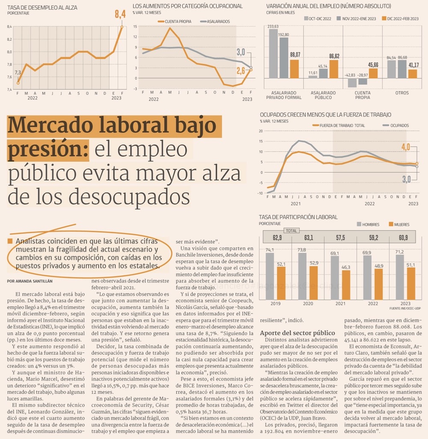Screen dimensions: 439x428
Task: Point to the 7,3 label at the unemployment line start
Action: click(x=18, y=73)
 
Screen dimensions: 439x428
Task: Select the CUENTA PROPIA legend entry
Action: click(x=175, y=21)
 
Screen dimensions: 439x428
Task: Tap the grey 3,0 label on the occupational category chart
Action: click(x=241, y=52)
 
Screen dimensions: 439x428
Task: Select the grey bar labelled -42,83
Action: click(x=352, y=83)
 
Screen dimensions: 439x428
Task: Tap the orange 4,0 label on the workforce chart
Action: click(x=406, y=147)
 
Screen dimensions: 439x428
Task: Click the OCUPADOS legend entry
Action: click(x=396, y=125)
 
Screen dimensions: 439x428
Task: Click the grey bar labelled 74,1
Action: click(x=270, y=276)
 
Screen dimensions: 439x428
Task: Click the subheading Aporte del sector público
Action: click(x=297, y=333)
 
